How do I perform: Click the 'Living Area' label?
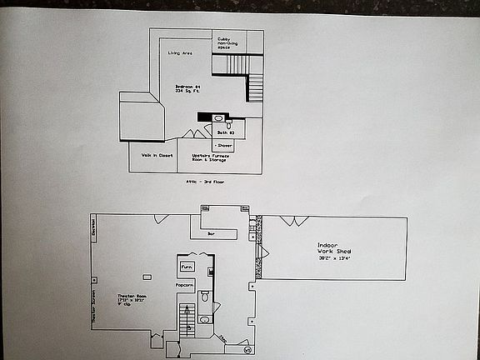[181, 53]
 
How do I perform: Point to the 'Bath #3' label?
[224, 132]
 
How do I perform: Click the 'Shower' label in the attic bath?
[223, 145]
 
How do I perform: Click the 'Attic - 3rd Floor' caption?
[205, 181]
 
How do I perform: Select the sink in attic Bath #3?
[218, 118]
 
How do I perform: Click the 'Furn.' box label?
[187, 267]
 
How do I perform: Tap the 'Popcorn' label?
[184, 287]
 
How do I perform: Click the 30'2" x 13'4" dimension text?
[333, 258]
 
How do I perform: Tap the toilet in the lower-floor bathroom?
[204, 295]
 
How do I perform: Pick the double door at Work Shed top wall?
[292, 221]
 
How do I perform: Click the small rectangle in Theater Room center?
[147, 277]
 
